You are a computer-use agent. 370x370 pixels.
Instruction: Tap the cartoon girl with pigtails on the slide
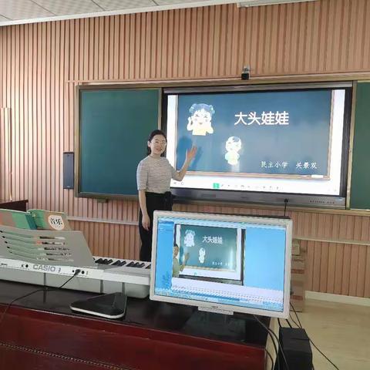(x=200, y=120)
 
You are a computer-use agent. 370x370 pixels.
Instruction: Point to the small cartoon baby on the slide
(x=233, y=150)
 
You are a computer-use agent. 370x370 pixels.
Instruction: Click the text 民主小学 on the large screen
(x=274, y=164)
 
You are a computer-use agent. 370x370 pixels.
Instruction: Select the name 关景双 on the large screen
(x=308, y=164)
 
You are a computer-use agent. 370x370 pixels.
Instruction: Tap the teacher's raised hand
(x=190, y=153)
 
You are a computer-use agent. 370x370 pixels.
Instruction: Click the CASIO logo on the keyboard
(x=43, y=268)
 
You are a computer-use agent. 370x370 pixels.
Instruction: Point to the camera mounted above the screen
(x=245, y=74)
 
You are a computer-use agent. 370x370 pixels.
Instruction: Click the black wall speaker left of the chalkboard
(x=69, y=170)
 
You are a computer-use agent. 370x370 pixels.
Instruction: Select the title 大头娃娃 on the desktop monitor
(x=212, y=240)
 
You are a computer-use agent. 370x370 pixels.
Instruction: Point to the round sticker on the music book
(x=56, y=221)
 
